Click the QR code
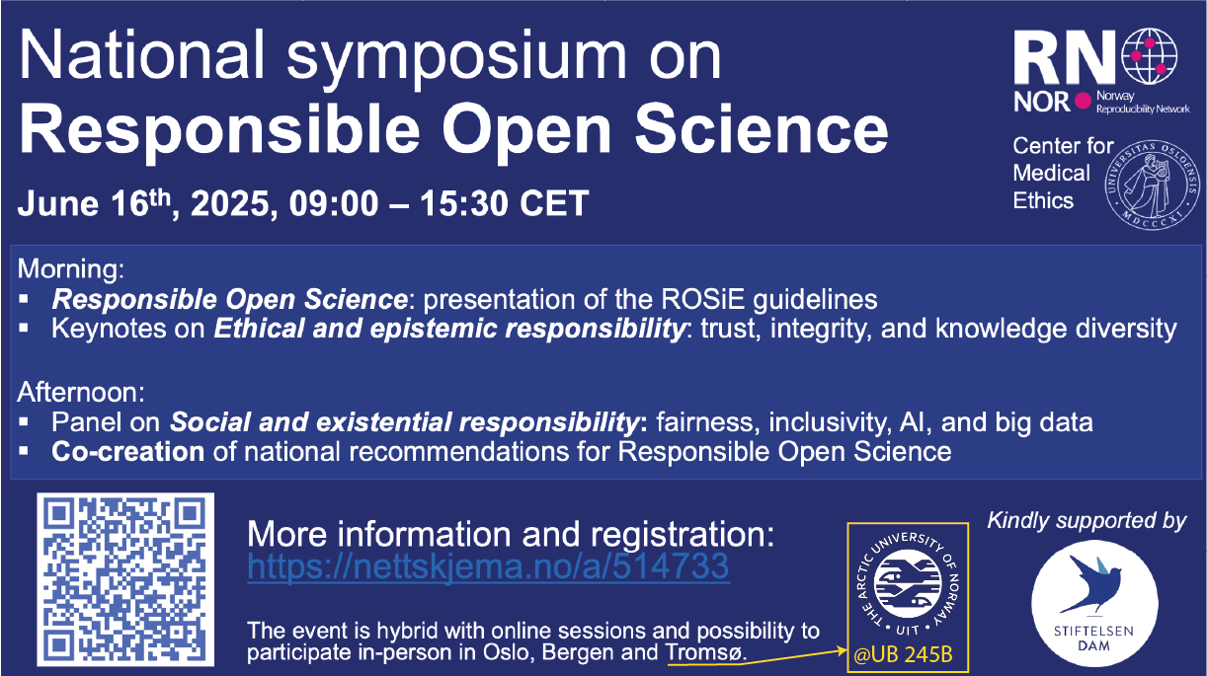[125, 579]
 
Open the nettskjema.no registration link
[488, 566]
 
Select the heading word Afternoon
[81, 392]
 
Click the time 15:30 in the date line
[464, 204]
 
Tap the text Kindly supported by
[1086, 520]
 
